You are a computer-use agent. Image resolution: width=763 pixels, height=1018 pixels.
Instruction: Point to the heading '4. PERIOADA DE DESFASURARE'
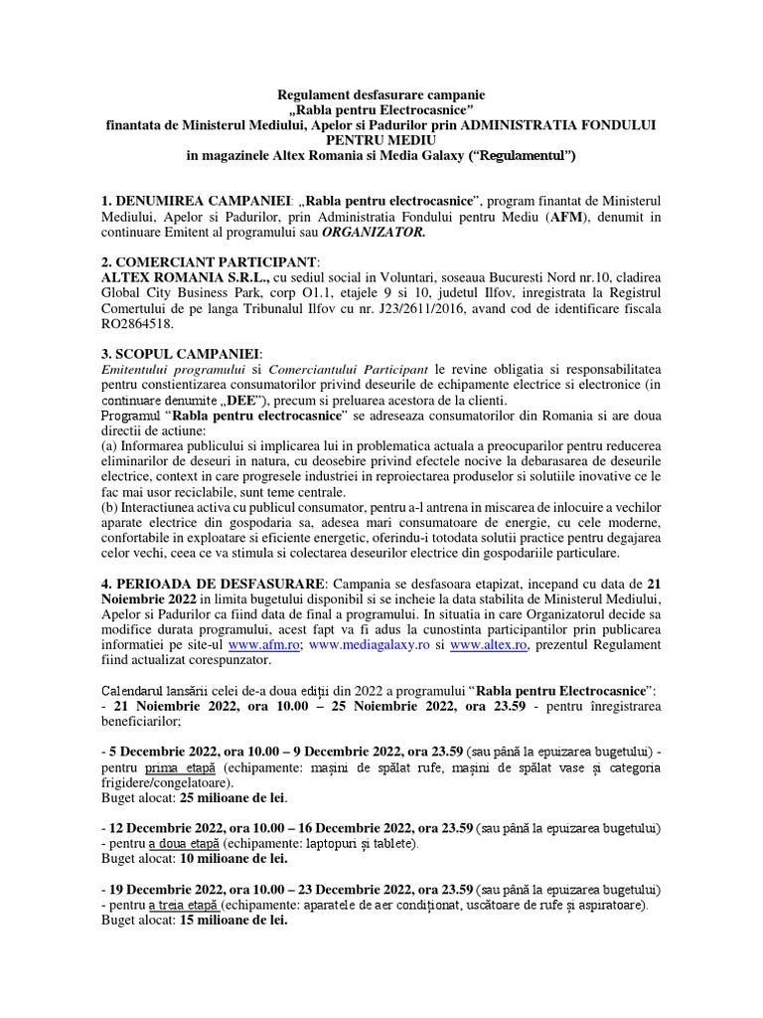(212, 582)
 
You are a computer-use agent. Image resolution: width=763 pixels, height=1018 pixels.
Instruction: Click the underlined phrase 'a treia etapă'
(183, 906)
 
